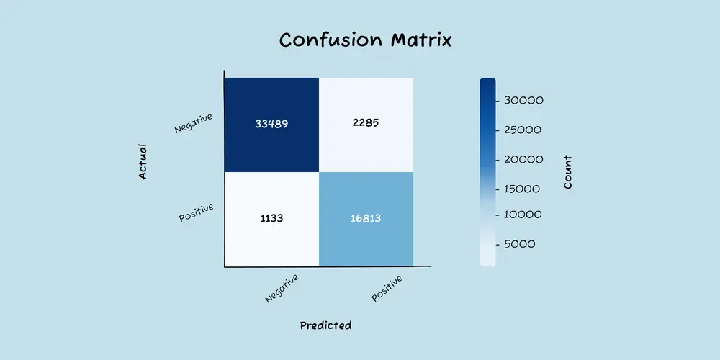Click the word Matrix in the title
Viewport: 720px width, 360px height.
point(421,40)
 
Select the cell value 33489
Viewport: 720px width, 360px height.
point(271,124)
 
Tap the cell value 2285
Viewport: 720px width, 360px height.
point(366,123)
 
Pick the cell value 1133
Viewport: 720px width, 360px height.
point(271,218)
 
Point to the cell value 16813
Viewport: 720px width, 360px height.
point(366,218)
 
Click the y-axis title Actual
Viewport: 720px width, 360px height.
point(143,161)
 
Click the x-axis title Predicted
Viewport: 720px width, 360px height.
point(325,325)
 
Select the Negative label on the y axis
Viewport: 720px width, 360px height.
point(193,123)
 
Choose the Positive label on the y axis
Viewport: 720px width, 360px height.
point(196,212)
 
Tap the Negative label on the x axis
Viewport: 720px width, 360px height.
point(282,289)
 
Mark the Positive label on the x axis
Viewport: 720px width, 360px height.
point(387,289)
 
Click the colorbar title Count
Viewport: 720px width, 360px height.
point(568,172)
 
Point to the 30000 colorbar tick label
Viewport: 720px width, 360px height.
point(523,101)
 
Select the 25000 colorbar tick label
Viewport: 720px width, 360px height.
point(523,130)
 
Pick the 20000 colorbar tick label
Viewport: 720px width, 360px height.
point(523,160)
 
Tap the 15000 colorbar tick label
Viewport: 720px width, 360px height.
point(521,189)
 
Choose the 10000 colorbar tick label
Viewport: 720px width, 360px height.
point(523,215)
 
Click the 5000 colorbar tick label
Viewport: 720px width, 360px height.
point(519,244)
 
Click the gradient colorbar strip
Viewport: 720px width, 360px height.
point(487,172)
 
